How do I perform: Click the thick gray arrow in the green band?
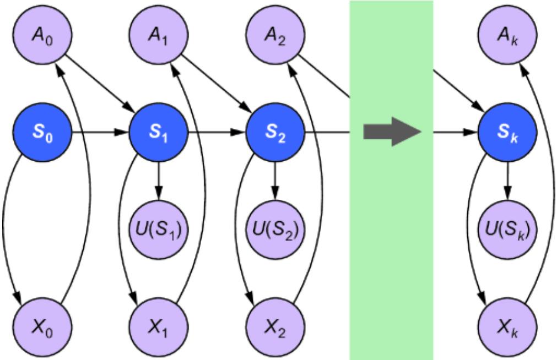[391, 133]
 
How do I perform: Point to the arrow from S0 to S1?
[99, 133]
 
